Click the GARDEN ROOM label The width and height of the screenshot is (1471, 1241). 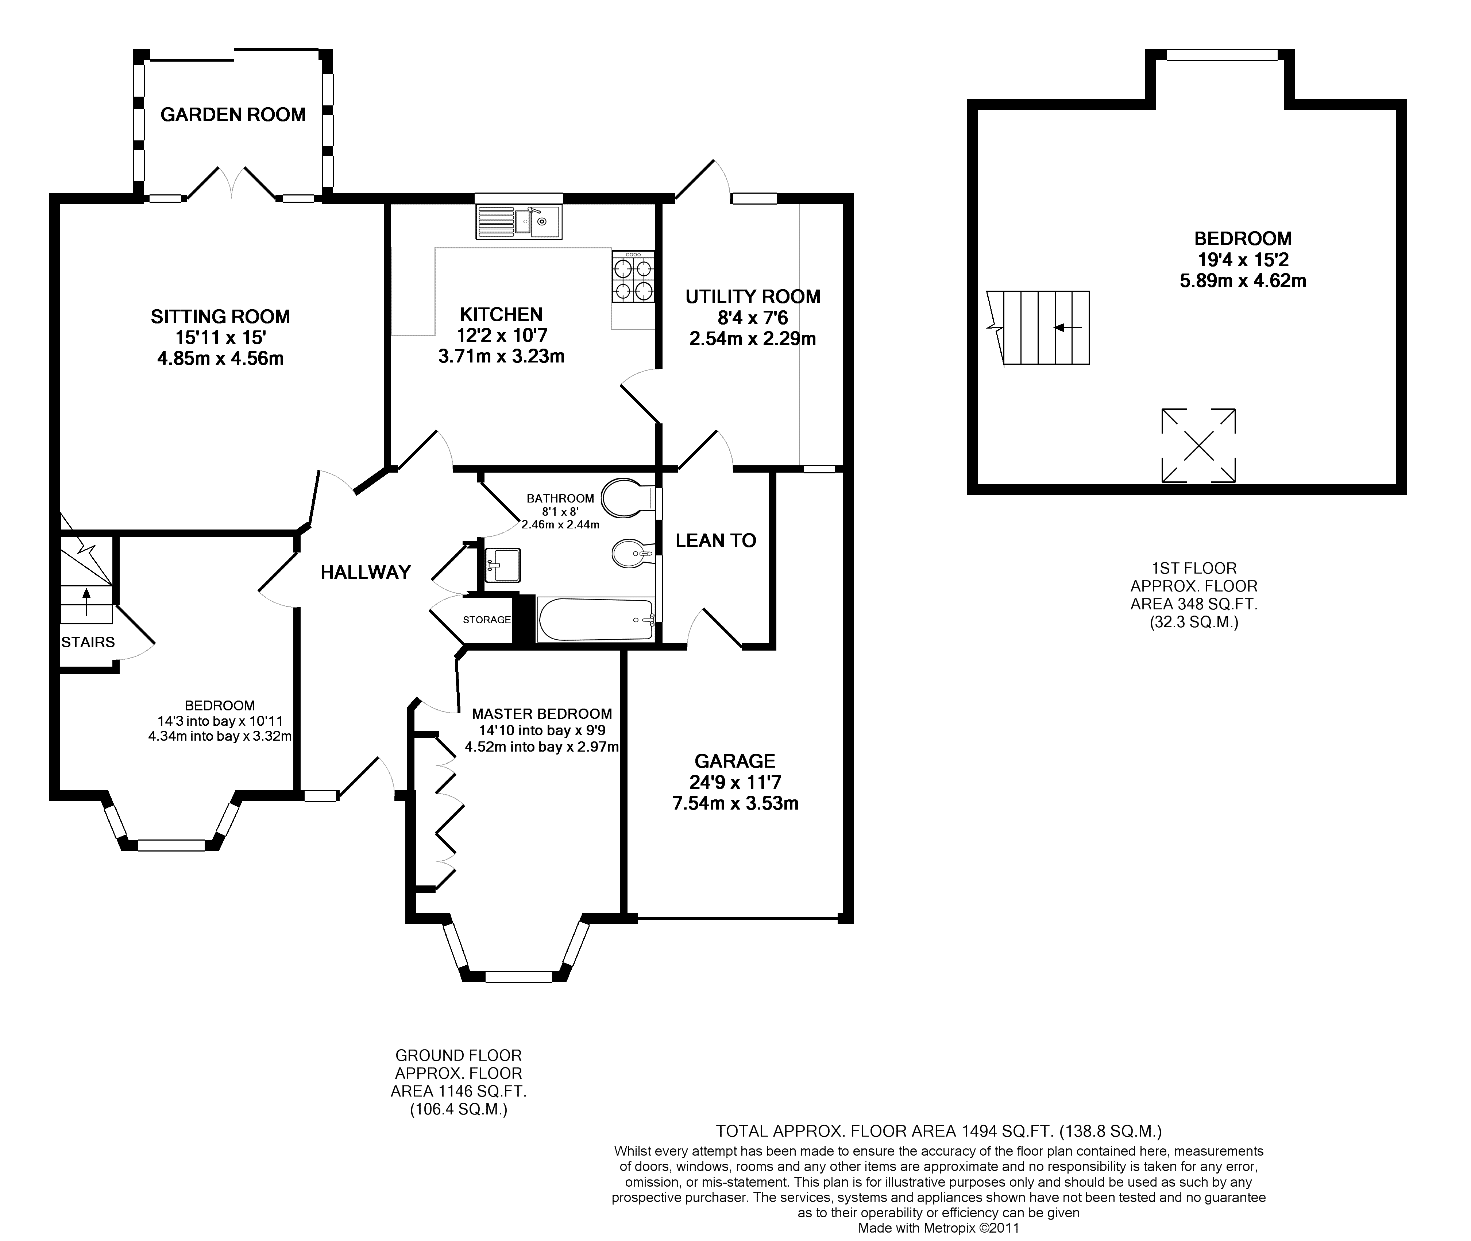233,115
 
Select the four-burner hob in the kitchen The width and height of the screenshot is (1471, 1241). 633,277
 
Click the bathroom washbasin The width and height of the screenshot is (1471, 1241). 502,565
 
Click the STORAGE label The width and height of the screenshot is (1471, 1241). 486,620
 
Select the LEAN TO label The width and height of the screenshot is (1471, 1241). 716,540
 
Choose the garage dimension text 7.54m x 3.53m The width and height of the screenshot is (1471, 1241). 735,803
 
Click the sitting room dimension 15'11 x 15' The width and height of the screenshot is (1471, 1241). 220,338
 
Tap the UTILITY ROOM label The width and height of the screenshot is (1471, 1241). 753,297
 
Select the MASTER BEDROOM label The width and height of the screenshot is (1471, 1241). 542,714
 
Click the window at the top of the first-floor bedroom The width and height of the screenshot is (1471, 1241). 1222,54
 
